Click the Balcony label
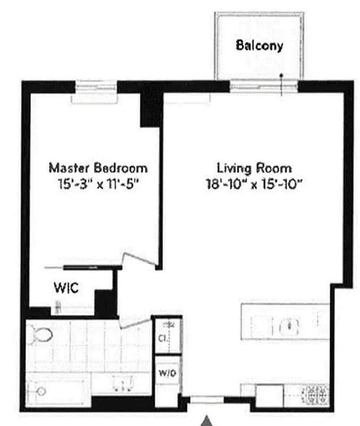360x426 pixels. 259,45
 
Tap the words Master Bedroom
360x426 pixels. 98,168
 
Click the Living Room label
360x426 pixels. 253,168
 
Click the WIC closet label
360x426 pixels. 66,289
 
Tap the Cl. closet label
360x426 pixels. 162,337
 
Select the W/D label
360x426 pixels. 165,373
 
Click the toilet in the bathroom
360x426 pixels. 40,334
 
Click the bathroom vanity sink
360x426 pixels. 122,382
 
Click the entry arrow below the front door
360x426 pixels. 206,421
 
